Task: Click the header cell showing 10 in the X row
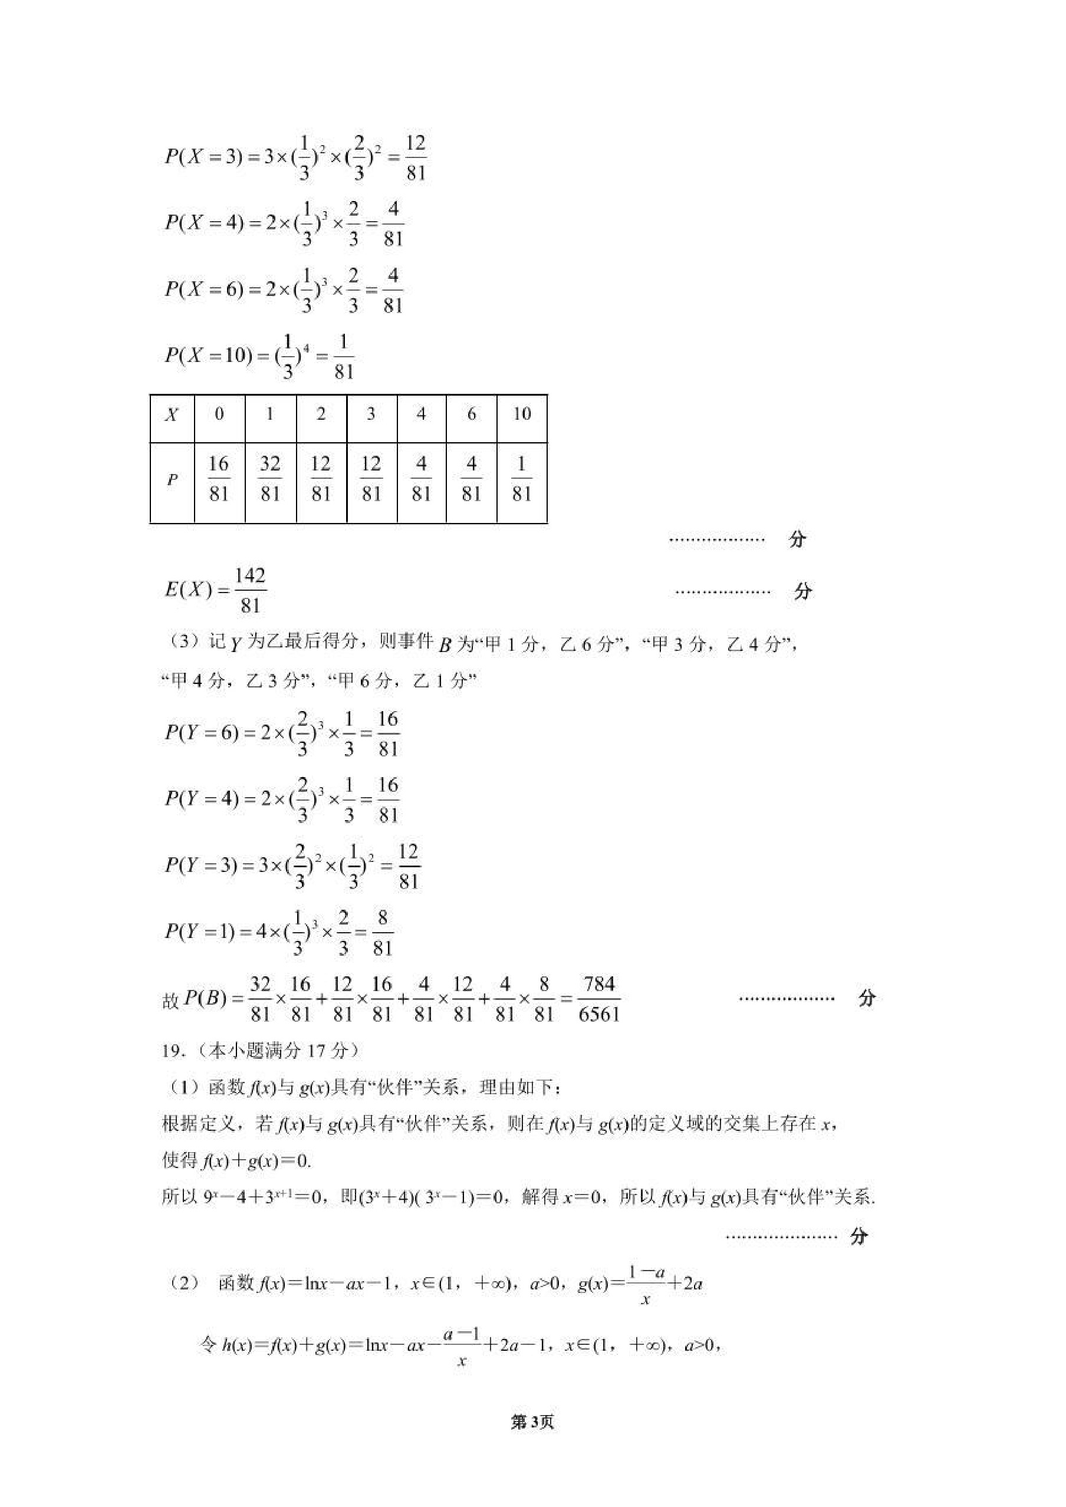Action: click(x=521, y=414)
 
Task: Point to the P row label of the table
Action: click(x=172, y=481)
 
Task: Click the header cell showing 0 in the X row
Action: click(x=219, y=414)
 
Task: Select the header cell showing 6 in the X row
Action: click(x=471, y=414)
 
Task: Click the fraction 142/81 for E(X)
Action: click(x=250, y=591)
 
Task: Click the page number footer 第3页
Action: click(x=532, y=1422)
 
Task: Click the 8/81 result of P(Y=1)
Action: click(x=382, y=933)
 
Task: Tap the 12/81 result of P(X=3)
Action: click(x=416, y=158)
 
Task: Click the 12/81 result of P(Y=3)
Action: click(x=407, y=866)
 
